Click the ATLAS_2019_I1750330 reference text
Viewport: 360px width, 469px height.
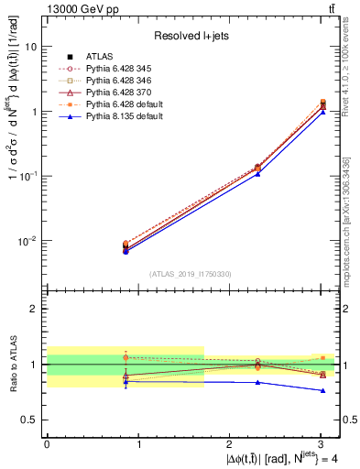pyautogui.click(x=191, y=274)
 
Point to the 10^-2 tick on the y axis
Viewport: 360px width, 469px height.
pyautogui.click(x=29, y=241)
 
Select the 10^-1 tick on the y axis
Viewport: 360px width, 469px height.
pyautogui.click(x=29, y=176)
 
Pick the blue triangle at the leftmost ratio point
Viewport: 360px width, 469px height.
pyautogui.click(x=125, y=381)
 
